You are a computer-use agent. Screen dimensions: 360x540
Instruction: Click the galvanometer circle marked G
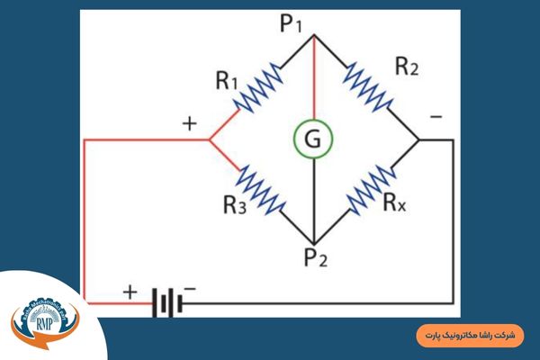coord(312,139)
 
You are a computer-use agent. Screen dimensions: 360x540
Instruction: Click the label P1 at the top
coord(292,23)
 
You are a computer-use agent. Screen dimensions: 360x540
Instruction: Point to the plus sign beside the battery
coord(130,292)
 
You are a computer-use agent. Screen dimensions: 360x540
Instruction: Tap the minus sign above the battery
coord(190,289)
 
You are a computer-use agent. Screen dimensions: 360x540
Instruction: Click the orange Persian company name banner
coord(472,334)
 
